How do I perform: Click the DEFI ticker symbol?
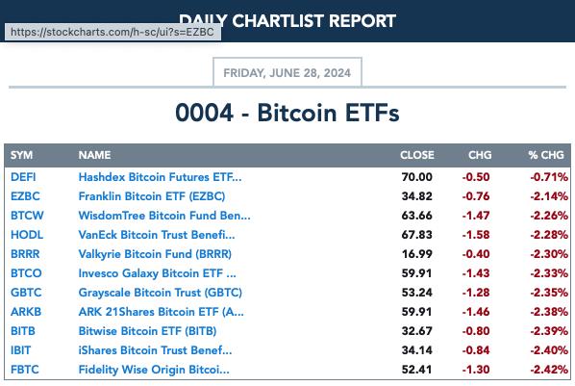(23, 177)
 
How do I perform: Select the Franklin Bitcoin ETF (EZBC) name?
(152, 196)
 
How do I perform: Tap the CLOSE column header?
(417, 155)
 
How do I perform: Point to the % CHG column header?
(546, 155)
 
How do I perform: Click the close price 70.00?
(417, 177)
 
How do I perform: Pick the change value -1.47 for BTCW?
(476, 216)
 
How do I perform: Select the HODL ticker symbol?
(27, 235)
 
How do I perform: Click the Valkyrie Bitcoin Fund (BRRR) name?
(155, 254)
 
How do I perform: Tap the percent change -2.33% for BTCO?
(549, 273)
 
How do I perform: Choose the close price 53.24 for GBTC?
(417, 293)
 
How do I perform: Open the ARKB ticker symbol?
(26, 312)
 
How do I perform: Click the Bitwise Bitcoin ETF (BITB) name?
(147, 331)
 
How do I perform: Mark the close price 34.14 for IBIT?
(417, 350)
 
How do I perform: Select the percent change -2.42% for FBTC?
(549, 370)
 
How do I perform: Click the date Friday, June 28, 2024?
(287, 73)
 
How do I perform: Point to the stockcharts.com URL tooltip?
(112, 32)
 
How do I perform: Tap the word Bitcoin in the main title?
(296, 113)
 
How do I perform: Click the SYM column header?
(22, 155)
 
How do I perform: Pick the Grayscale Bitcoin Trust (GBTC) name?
(161, 293)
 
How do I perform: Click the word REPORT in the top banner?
(362, 21)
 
